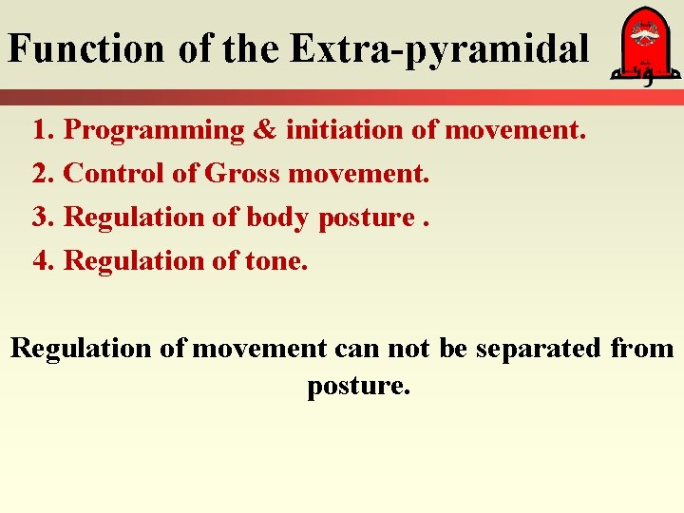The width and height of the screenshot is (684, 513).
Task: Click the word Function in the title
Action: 86,48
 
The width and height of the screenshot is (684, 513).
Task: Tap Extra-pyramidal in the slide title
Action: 440,48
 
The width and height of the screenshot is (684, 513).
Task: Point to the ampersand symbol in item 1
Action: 264,131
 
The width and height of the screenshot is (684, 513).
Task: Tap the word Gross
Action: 242,174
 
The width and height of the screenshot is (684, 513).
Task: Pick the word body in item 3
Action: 277,218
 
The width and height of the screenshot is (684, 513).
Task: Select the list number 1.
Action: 41,131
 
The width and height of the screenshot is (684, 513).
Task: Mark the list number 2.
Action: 41,174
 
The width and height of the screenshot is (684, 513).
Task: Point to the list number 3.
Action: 41,218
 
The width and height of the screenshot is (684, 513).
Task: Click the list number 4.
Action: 41,260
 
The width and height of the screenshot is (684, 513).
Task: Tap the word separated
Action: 538,349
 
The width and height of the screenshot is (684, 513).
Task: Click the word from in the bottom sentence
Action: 642,349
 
